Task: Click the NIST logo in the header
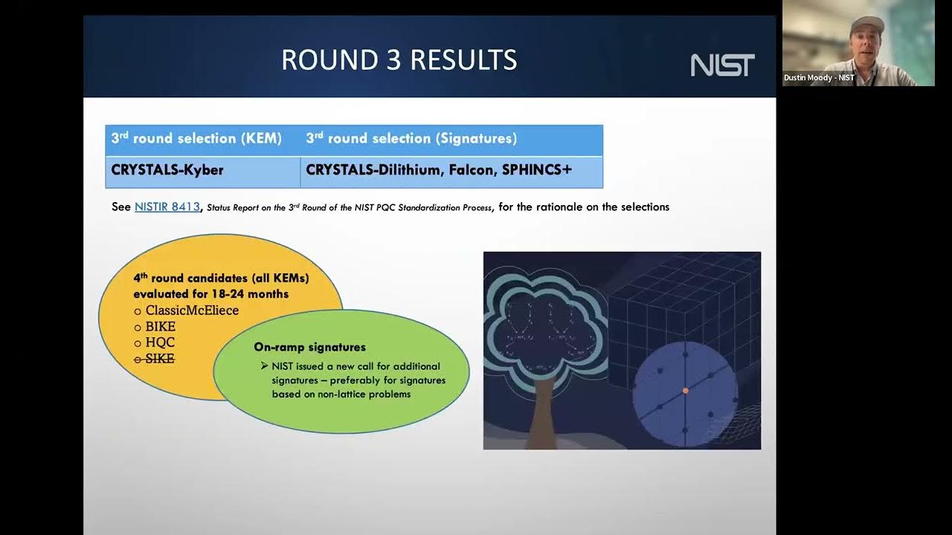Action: [722, 65]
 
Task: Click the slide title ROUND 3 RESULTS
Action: [399, 60]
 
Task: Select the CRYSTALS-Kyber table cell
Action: [167, 170]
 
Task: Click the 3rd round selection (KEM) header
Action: [196, 138]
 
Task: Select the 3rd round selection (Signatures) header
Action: [411, 138]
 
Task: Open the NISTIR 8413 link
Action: [167, 207]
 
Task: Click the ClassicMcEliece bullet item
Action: [192, 311]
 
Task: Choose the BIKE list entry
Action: [160, 327]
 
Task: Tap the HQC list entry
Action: [160, 343]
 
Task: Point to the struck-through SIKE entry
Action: [159, 359]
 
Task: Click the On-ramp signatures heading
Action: [309, 347]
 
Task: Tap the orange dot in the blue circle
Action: [686, 390]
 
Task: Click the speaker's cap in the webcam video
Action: [868, 22]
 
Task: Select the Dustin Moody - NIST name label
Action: [819, 78]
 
